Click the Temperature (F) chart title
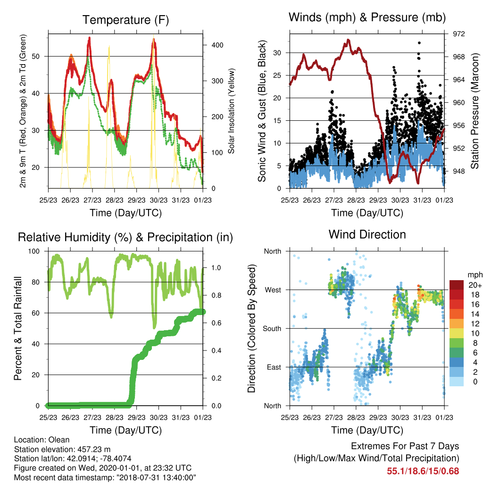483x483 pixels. point(125,20)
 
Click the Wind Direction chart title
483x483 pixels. point(367,234)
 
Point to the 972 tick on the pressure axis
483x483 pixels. point(458,34)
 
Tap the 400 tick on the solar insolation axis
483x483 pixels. point(217,45)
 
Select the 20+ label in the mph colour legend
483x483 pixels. point(475,285)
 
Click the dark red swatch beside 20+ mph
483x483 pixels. point(457,285)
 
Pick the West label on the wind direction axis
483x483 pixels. point(273,290)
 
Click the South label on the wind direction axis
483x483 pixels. point(272,329)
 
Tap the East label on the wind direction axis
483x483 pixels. point(274,367)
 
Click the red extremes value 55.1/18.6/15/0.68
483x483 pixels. point(423,471)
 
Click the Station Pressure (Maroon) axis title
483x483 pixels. point(475,111)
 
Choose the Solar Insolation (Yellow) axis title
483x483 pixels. point(231,111)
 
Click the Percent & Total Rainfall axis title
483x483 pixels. point(18,328)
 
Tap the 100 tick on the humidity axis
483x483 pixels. point(34,251)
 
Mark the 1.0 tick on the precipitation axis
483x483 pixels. point(216,268)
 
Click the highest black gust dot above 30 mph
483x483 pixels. point(419,43)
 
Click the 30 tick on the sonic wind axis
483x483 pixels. point(277,53)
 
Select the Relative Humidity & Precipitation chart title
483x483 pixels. point(125,238)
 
